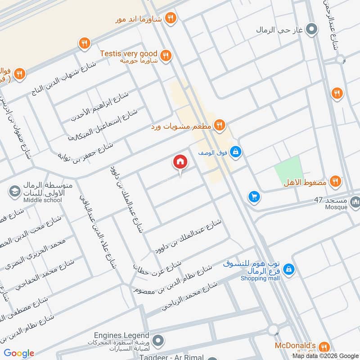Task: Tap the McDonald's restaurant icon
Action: pos(323,347)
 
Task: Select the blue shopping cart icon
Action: pos(254,197)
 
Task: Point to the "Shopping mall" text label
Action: pos(260,279)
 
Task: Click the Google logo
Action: pos(19,353)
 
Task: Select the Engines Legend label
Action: pos(121,336)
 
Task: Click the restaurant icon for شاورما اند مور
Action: pos(171,18)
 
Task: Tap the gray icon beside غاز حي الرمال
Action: pos(311,30)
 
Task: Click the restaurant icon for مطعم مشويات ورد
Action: pos(219,126)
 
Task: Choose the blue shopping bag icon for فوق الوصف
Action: pos(235,153)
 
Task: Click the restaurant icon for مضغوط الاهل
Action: pos(334,181)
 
